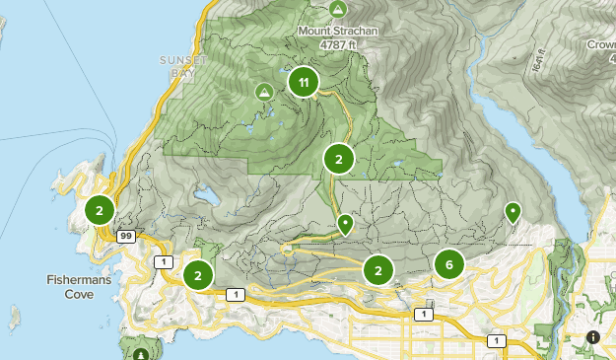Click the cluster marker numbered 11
click(x=304, y=83)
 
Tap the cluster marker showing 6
click(x=449, y=263)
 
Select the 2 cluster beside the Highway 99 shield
click(x=100, y=210)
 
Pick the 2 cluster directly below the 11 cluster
click(x=338, y=158)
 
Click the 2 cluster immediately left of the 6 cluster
click(x=377, y=269)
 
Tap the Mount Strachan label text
click(x=338, y=31)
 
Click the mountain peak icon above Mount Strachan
click(x=338, y=10)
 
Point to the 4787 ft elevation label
click(x=338, y=44)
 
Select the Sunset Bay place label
click(x=183, y=65)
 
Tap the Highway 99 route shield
click(x=125, y=237)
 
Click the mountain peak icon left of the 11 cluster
click(x=263, y=93)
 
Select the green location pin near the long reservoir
click(x=513, y=212)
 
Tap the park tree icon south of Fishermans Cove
click(x=142, y=352)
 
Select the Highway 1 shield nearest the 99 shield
click(x=164, y=261)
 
